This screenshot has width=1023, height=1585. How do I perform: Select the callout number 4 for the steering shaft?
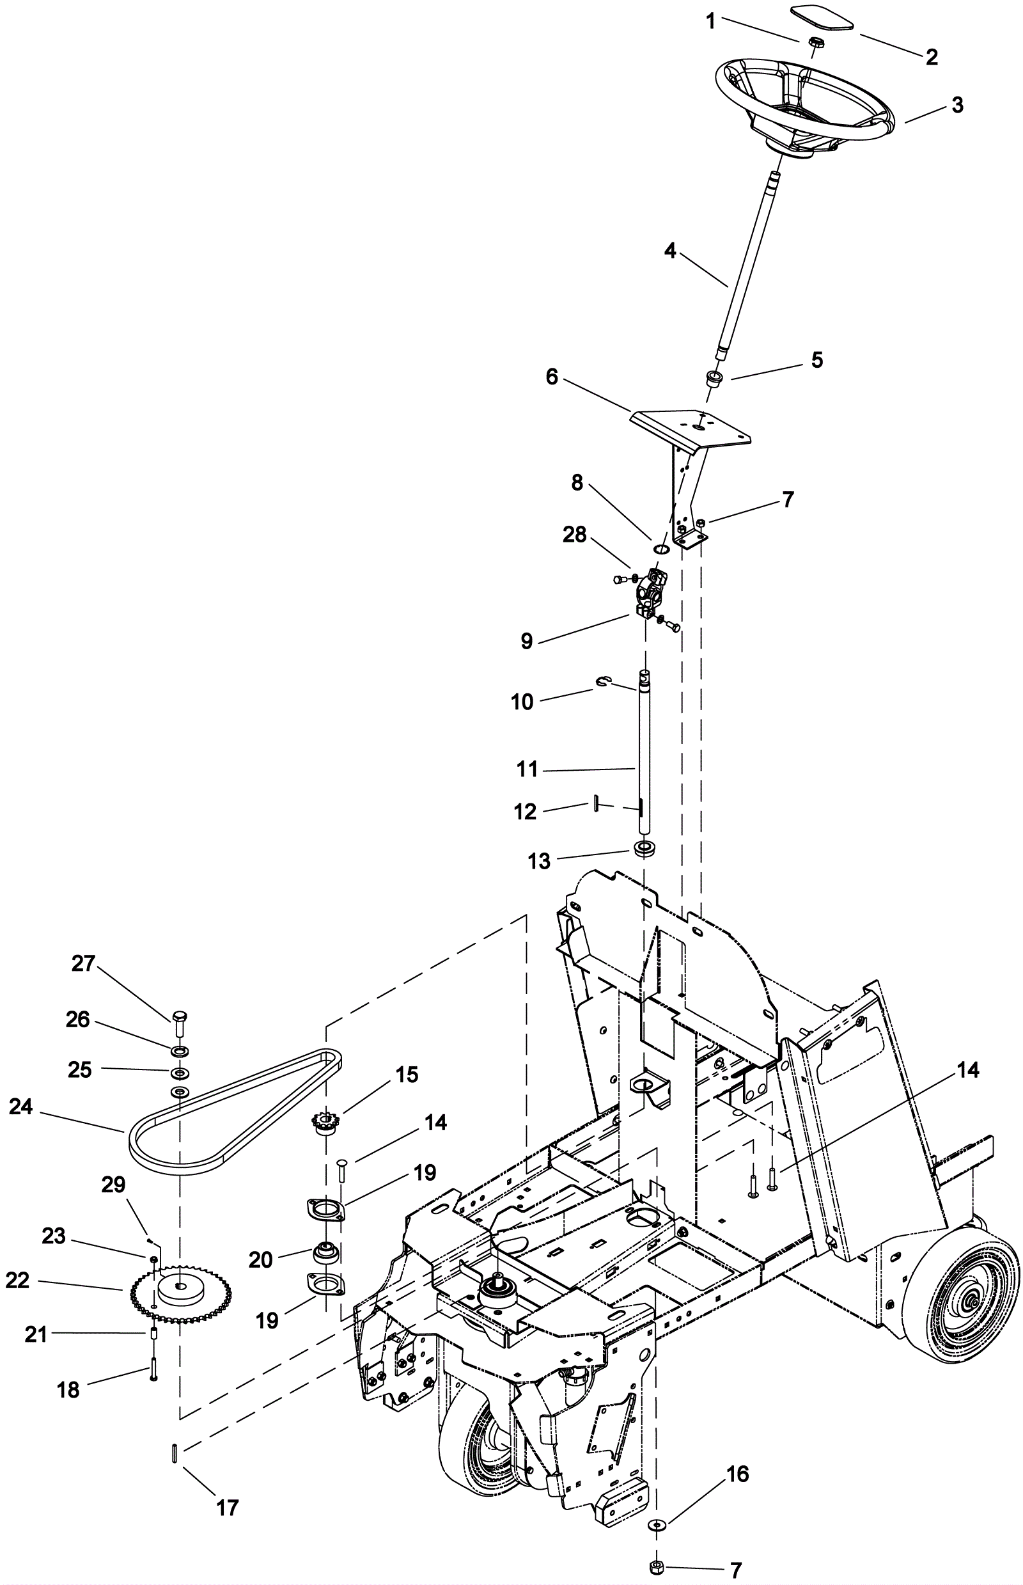(x=670, y=251)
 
